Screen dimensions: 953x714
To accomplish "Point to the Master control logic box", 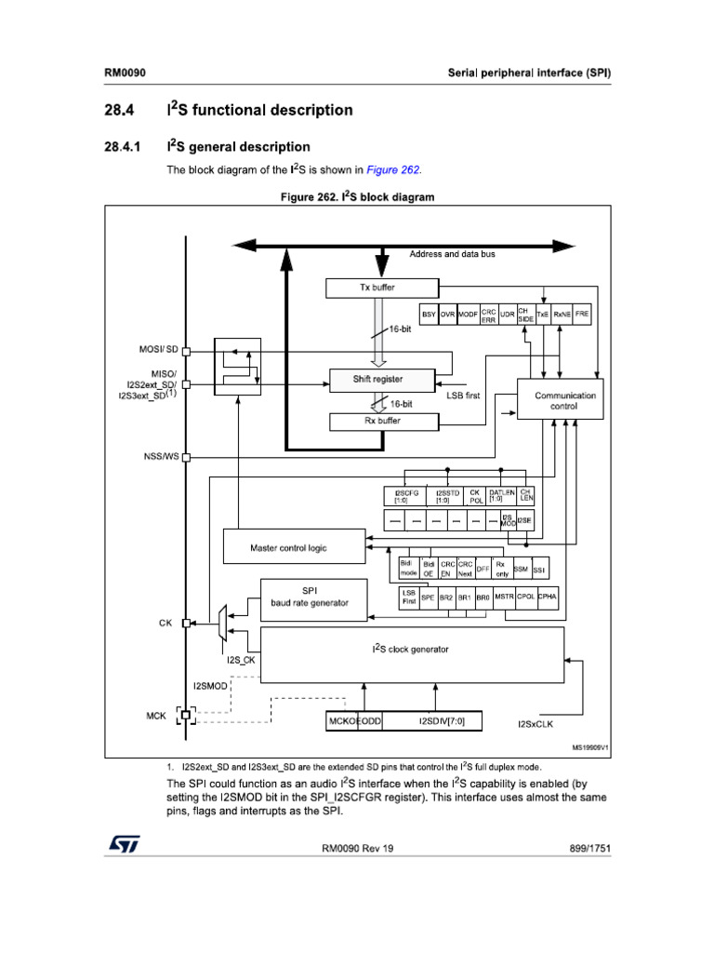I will pos(289,547).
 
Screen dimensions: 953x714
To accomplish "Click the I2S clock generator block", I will pos(412,650).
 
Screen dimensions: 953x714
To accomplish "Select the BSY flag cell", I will pos(429,315).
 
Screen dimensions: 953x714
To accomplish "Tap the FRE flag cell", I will pos(582,315).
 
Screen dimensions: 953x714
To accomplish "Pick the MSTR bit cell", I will pos(504,597).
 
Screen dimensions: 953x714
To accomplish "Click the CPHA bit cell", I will pos(548,597).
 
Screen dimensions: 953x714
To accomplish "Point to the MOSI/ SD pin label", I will pos(158,349).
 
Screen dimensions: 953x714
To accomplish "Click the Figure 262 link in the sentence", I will pos(393,170).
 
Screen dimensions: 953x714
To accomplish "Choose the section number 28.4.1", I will pos(123,147).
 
